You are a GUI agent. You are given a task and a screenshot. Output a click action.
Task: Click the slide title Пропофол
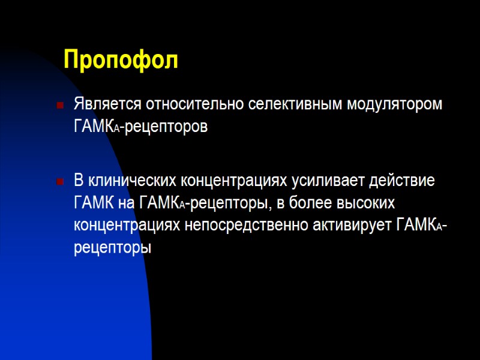point(121,61)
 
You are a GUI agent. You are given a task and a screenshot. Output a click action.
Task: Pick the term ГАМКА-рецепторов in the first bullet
point(141,127)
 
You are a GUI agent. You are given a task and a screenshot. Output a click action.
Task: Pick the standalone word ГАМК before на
point(94,203)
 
